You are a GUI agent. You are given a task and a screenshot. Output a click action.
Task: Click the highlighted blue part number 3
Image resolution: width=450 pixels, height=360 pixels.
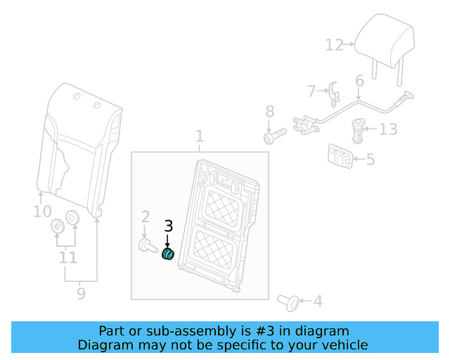[x=168, y=253]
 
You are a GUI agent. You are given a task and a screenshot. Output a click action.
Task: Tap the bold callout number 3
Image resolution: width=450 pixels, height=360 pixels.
[x=169, y=226]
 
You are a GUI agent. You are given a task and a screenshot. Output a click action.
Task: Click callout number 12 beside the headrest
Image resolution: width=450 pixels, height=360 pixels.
[x=335, y=45]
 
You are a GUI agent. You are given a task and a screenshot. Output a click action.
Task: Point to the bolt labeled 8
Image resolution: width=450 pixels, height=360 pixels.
[x=275, y=136]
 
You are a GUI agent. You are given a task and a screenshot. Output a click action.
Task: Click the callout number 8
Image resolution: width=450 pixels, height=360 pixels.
[x=270, y=111]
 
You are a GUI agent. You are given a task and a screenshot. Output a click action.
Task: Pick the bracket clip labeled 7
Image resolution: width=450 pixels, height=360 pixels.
[x=335, y=94]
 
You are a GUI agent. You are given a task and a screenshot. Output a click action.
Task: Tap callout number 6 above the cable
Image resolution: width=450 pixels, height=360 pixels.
[x=359, y=81]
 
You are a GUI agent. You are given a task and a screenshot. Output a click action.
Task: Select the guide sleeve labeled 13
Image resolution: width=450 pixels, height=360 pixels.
[x=357, y=131]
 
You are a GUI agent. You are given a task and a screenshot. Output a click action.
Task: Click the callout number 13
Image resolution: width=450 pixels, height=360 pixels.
[x=388, y=129]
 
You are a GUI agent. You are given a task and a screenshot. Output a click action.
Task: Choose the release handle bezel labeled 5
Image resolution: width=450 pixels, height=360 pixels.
[x=340, y=156]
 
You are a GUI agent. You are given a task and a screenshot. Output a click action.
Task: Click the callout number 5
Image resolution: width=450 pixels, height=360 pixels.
[x=371, y=160]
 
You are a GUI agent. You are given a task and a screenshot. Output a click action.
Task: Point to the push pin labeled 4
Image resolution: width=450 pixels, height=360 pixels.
[x=288, y=302]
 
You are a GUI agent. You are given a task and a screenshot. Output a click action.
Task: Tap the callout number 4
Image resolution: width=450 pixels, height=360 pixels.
[x=318, y=301]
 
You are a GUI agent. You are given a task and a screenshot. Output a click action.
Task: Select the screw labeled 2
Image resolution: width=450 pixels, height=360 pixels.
[x=148, y=246]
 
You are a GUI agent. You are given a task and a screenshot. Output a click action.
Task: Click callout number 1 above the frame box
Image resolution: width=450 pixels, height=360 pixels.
[x=200, y=136]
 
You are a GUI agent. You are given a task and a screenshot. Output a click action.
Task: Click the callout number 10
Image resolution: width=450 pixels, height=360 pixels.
[x=42, y=212]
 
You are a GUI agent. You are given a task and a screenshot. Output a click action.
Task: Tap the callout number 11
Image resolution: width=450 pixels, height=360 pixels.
[x=68, y=257]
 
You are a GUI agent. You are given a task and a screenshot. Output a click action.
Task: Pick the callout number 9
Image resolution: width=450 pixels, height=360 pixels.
[x=82, y=294]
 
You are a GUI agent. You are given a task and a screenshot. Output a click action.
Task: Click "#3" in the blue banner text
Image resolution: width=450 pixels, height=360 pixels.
[x=265, y=331]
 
